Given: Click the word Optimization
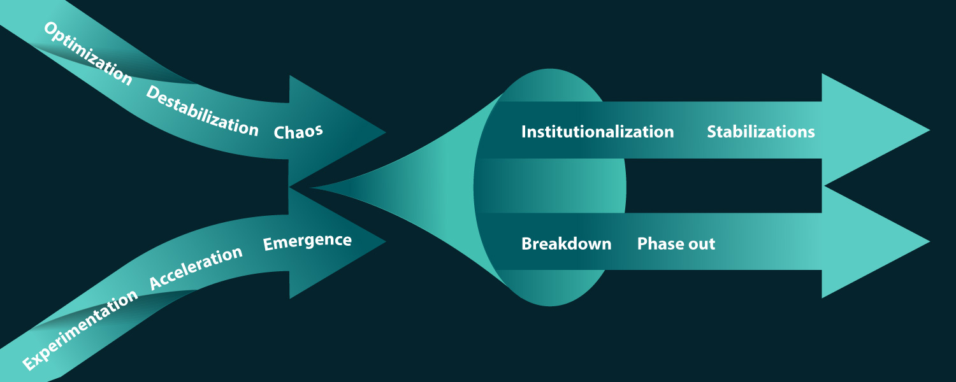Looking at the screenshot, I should tap(87, 53).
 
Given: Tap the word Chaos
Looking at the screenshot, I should tap(298, 131).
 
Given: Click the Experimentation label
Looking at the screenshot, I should tap(80, 330).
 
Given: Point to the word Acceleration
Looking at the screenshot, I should tap(196, 269).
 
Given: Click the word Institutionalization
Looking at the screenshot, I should tap(597, 132).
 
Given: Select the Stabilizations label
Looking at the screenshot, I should tap(760, 132).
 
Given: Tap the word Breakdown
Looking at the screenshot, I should tap(566, 244).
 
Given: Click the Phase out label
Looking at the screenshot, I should tap(676, 244).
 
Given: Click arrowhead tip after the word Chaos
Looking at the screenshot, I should tap(384, 132).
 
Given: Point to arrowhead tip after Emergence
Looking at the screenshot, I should tap(384, 241).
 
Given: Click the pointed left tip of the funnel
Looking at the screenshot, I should tap(312, 188).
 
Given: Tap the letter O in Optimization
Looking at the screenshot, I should tap(50, 29).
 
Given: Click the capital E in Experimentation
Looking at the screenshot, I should tap(29, 364).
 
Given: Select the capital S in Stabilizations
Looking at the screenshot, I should tap(713, 132).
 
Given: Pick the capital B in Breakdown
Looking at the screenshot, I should tap(526, 244).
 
